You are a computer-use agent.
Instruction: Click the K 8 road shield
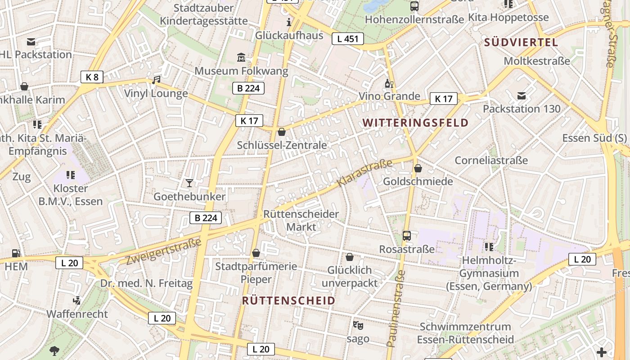coord(92,77)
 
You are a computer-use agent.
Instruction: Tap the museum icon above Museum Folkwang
coord(241,58)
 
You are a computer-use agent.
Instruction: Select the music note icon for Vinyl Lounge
coord(156,80)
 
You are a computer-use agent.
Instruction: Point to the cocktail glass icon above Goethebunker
coord(189,183)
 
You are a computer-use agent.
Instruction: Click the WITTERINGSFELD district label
coord(415,123)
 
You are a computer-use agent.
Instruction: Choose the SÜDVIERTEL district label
coord(521,43)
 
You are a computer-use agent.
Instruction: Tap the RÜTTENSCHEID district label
coord(289,301)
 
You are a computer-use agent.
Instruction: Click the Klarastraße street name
coord(364,174)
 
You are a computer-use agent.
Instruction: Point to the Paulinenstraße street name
coord(396,308)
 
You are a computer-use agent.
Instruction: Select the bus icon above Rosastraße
coord(407,235)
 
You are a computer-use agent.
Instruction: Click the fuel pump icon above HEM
coord(16,253)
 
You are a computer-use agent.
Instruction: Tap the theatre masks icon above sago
coord(358,325)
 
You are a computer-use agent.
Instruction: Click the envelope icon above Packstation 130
coord(522,95)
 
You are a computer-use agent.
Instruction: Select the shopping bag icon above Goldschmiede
coord(418,168)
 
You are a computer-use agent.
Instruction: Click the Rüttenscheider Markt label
coord(301,220)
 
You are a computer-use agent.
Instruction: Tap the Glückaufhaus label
coord(289,35)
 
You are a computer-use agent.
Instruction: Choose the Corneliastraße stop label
coord(491,160)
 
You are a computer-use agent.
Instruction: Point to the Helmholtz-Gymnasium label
coord(489,273)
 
